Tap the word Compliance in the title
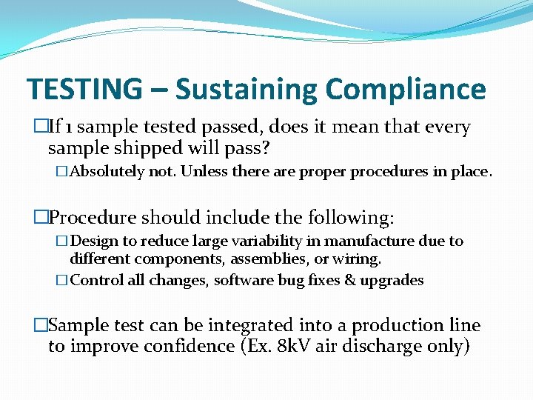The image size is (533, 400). (x=405, y=90)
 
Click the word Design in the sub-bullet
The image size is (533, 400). (x=94, y=241)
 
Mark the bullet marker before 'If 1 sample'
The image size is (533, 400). (x=40, y=127)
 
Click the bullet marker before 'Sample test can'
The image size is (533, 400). (x=40, y=326)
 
